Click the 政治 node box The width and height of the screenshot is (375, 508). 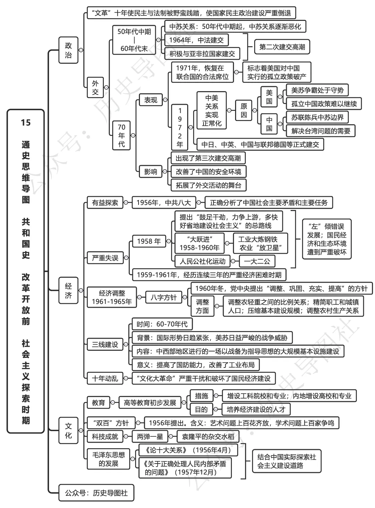pyautogui.click(x=68, y=50)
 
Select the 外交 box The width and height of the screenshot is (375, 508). pyautogui.click(x=95, y=88)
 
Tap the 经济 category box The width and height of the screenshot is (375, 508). pyautogui.click(x=68, y=290)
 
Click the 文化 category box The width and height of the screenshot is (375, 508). pyautogui.click(x=68, y=430)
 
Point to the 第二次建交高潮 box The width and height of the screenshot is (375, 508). pyautogui.click(x=282, y=47)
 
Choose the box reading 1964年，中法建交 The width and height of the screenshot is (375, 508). pyautogui.click(x=196, y=40)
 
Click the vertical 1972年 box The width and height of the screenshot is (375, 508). pyautogui.click(x=180, y=127)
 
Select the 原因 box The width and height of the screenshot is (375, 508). pyautogui.click(x=244, y=110)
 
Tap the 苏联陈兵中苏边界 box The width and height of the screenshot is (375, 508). pyautogui.click(x=317, y=118)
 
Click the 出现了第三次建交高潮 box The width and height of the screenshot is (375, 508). pyautogui.click(x=208, y=158)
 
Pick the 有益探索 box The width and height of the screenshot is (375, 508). pyautogui.click(x=105, y=202)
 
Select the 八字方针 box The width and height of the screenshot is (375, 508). pyautogui.click(x=164, y=297)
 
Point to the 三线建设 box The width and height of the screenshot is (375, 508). pyautogui.click(x=105, y=344)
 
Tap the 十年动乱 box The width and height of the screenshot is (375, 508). pyautogui.click(x=105, y=378)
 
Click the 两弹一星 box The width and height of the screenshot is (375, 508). pyautogui.click(x=150, y=436)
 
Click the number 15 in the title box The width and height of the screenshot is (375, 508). pyautogui.click(x=26, y=122)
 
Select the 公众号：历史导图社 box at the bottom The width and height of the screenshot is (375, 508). pyautogui.click(x=96, y=493)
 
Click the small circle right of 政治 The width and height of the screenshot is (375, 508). pyautogui.click(x=81, y=50)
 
